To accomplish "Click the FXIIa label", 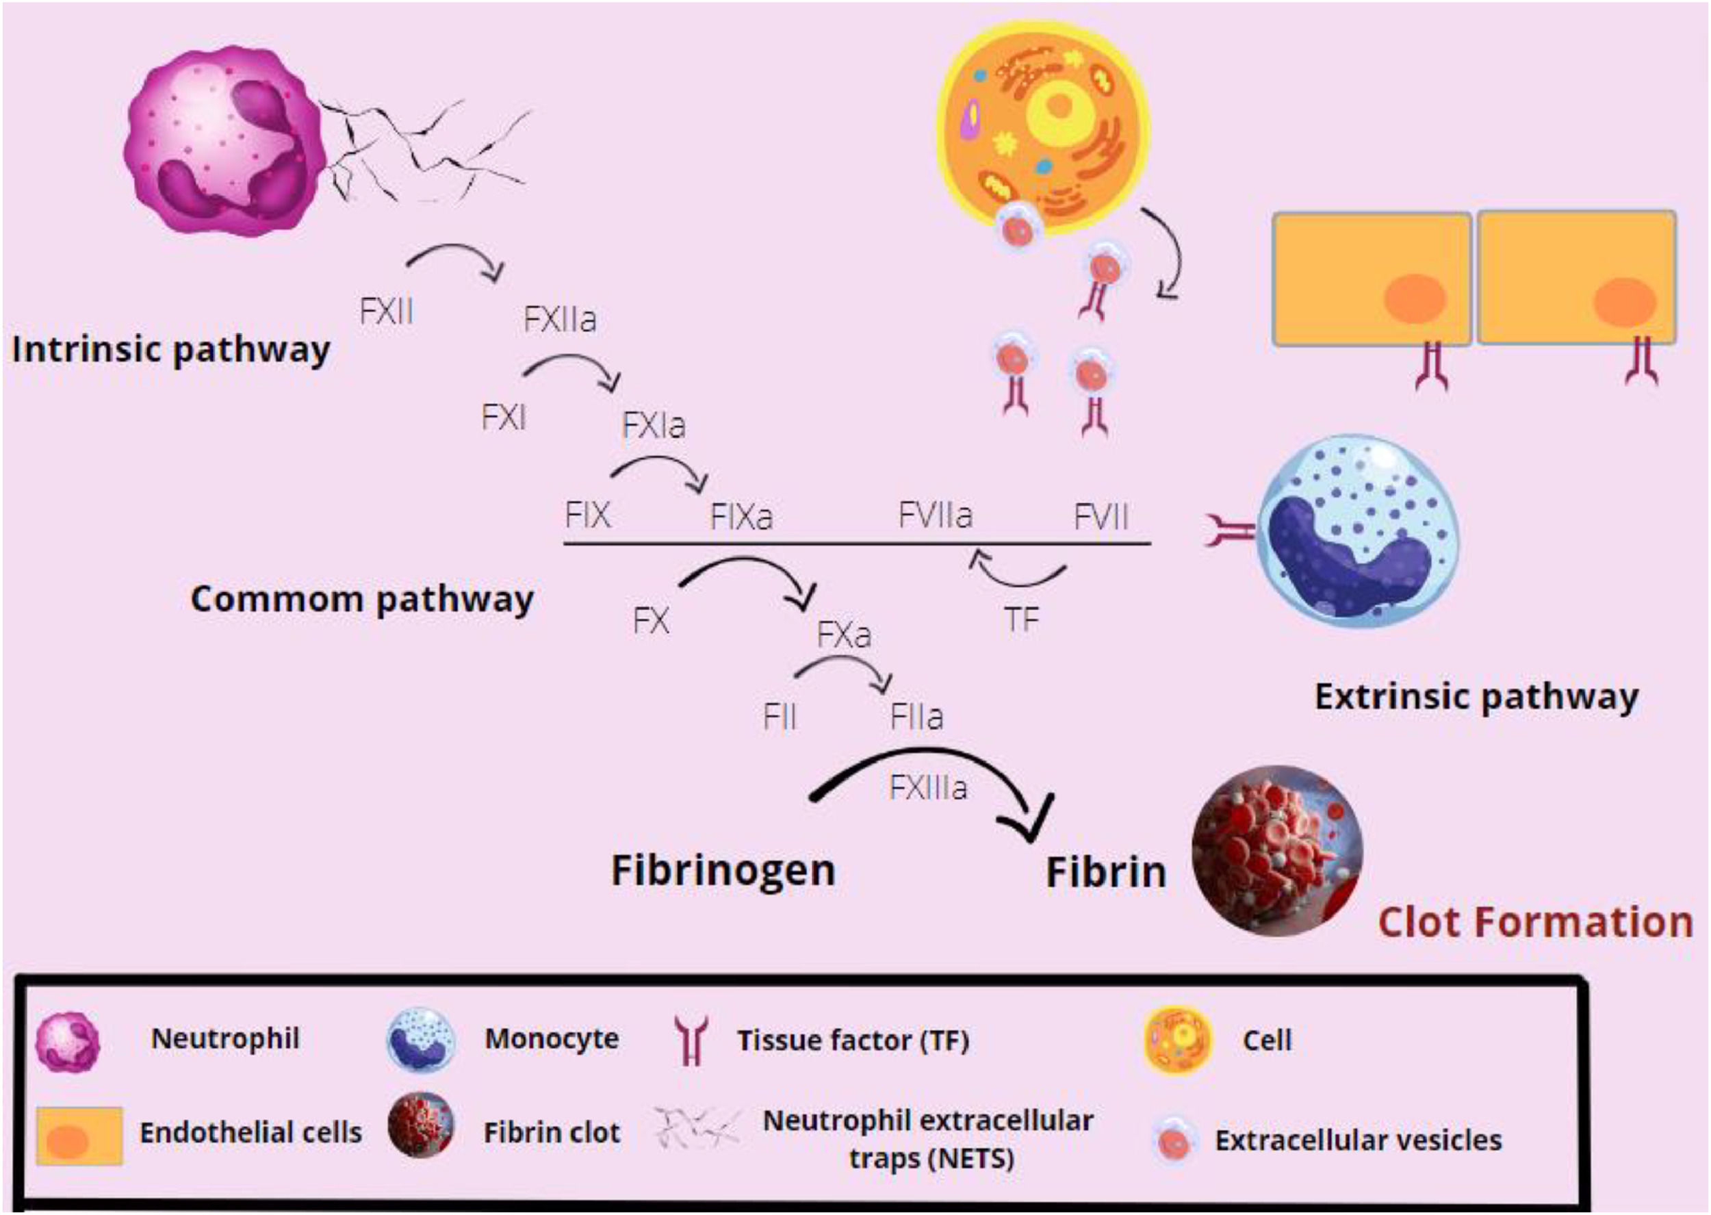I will pyautogui.click(x=559, y=320).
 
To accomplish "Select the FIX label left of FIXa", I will pyautogui.click(x=588, y=515).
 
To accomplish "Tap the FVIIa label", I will pyautogui.click(x=935, y=515).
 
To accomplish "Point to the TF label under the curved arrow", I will pyautogui.click(x=1022, y=619).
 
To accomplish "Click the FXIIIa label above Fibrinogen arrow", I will pyautogui.click(x=928, y=788).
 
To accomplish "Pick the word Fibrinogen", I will pyautogui.click(x=723, y=870).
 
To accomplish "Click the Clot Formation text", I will pyautogui.click(x=1535, y=922).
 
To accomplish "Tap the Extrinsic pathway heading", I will pyautogui.click(x=1476, y=698).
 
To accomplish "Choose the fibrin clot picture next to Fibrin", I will pyautogui.click(x=1277, y=852).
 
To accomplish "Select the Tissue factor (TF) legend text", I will pyautogui.click(x=853, y=1040).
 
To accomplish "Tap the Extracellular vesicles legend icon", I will pyautogui.click(x=1172, y=1140).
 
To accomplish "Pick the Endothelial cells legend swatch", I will pyautogui.click(x=79, y=1136).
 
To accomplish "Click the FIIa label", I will pyautogui.click(x=917, y=717).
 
